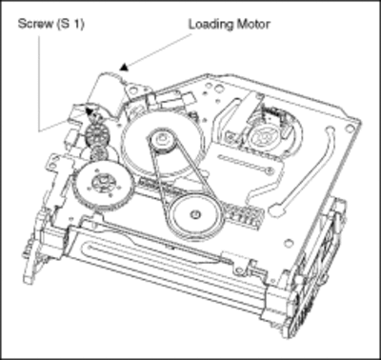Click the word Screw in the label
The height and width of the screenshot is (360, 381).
pyautogui.click(x=36, y=24)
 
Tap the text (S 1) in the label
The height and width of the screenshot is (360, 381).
pyautogui.click(x=70, y=24)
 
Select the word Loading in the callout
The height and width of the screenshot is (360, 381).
pyautogui.click(x=211, y=25)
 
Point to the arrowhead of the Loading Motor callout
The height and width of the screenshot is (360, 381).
pyautogui.click(x=125, y=67)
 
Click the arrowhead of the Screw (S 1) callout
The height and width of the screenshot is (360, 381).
pyautogui.click(x=90, y=111)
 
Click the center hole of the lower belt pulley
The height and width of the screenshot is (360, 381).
pyautogui.click(x=194, y=214)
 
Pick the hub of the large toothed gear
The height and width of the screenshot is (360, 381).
pyautogui.click(x=102, y=182)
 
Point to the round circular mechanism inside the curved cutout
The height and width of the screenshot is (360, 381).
pyautogui.click(x=263, y=136)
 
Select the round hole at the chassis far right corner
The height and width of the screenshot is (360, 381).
pyautogui.click(x=351, y=128)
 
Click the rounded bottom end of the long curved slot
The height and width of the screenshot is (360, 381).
pyautogui.click(x=275, y=210)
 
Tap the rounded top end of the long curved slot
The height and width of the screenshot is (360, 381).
pyautogui.click(x=329, y=130)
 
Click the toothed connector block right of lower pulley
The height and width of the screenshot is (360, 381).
pyautogui.click(x=242, y=216)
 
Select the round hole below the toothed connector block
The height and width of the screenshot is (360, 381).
pyautogui.click(x=289, y=244)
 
